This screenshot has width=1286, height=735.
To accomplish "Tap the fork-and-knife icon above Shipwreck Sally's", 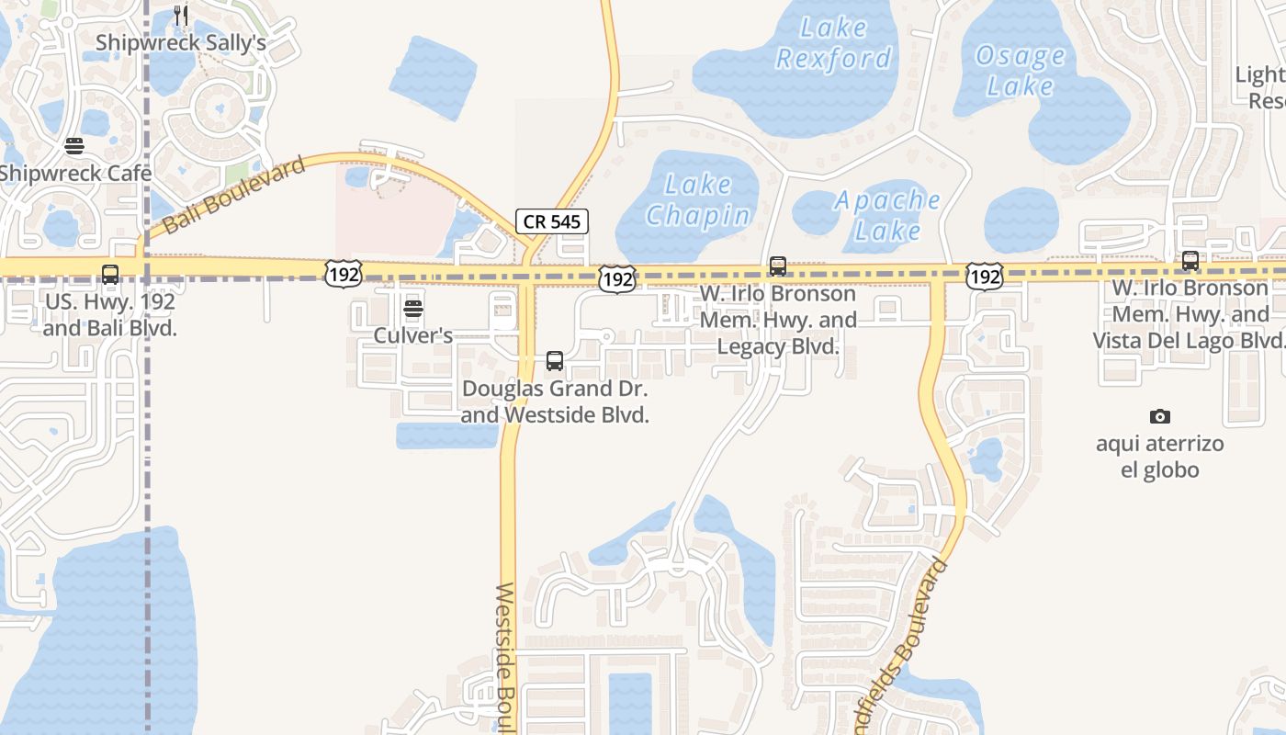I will pos(181,16).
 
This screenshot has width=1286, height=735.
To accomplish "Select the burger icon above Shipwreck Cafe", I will pos(74,147).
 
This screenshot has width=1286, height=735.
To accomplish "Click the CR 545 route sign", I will pos(551,221).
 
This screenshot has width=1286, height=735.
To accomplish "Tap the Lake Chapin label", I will pos(698,200).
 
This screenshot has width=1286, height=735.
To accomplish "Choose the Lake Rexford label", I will pos(833,44).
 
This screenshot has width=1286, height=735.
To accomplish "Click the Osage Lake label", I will pos(1020,71).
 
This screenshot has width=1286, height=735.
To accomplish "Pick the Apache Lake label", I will pos(887,215).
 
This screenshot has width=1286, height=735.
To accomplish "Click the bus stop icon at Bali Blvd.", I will pos(110,274).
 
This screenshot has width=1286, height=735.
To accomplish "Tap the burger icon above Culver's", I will pos(413,309).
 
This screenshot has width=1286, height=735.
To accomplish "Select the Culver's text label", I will pos(413,335).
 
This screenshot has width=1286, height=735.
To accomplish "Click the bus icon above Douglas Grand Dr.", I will pos(555,361).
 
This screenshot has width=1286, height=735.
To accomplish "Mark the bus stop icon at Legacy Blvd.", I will pos(778,266).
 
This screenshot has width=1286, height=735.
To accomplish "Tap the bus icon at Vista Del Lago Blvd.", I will pos(1190,261).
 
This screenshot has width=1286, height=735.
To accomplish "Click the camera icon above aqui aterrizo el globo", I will pos(1160,417).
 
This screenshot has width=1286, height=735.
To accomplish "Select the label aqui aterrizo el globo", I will pos(1160,457).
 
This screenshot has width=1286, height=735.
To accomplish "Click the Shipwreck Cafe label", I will pos(75,174).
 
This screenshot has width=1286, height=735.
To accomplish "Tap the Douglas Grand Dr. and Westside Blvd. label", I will pos(555,401).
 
